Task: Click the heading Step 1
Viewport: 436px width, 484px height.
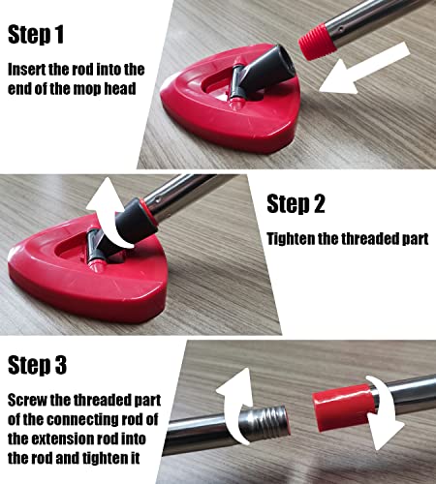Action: (x=49, y=36)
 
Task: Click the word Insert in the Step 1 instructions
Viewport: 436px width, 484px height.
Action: (x=30, y=70)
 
